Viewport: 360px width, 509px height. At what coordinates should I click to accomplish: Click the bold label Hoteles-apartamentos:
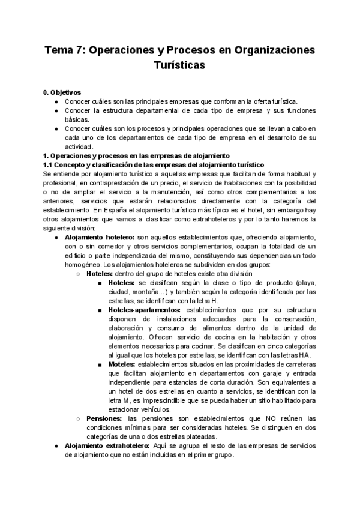click(146, 310)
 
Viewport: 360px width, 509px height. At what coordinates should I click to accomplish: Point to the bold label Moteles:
click(122, 364)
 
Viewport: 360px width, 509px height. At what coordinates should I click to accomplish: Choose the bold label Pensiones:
click(104, 418)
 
